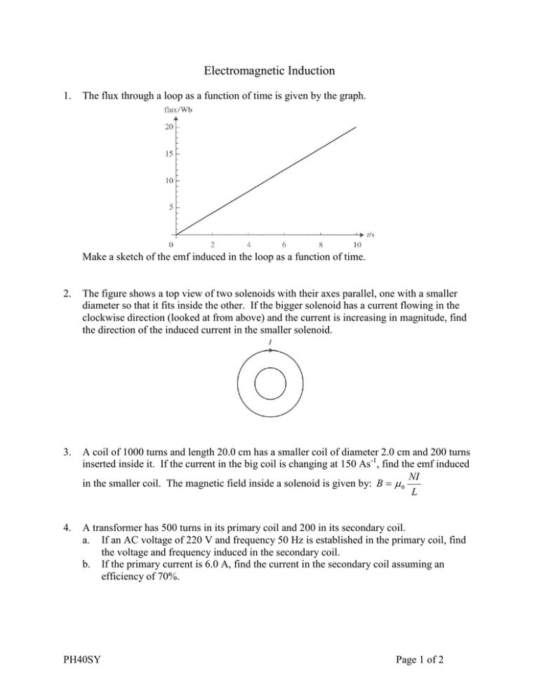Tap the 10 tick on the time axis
pos(357,245)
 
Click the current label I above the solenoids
pos(270,343)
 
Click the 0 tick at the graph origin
pos(173,245)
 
